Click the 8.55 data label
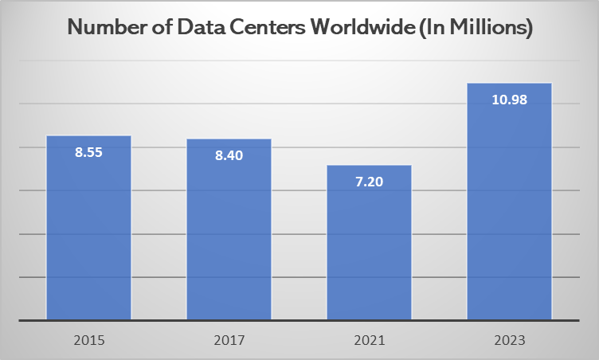(x=89, y=151)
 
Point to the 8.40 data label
(x=229, y=155)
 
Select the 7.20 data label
(x=369, y=182)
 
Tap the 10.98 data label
(x=509, y=100)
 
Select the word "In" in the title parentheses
(x=423, y=29)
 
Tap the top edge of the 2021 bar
(x=369, y=166)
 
